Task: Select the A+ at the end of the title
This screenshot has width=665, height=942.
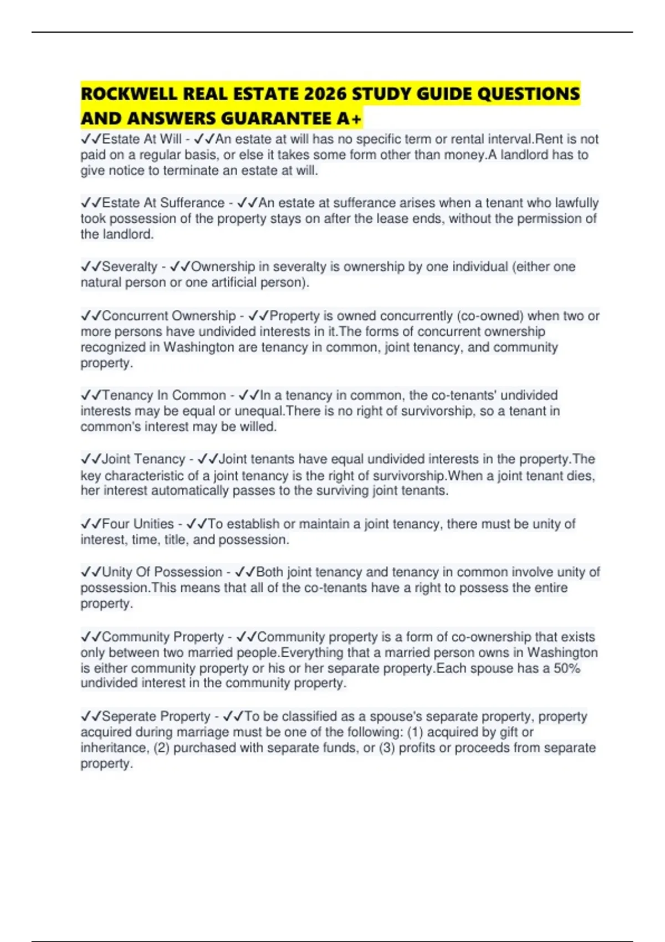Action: coord(349,119)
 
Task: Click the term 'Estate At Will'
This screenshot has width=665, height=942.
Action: coord(142,139)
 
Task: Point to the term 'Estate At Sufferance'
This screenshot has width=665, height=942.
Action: coord(163,203)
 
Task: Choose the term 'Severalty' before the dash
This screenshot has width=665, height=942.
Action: coord(130,267)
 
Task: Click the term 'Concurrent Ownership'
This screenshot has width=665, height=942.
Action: coord(169,316)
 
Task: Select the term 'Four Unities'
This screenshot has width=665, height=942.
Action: coord(138,524)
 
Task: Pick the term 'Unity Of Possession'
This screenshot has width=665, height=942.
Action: coord(162,572)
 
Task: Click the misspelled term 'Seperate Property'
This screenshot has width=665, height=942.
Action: coord(156,716)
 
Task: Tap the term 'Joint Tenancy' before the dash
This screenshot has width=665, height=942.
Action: coord(144,459)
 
